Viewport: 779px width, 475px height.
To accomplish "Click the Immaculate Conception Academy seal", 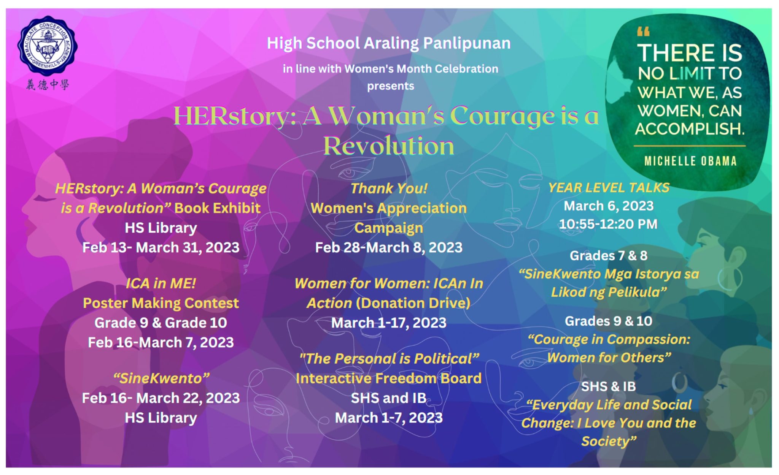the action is (x=48, y=45).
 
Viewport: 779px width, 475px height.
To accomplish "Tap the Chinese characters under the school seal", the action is (x=48, y=84).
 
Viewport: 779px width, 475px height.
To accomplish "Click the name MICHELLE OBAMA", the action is (x=690, y=161).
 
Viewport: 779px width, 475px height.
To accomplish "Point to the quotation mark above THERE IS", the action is (x=643, y=32).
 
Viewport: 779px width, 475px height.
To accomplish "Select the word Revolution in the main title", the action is (x=389, y=146).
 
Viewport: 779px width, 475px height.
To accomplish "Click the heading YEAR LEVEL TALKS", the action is (x=609, y=188).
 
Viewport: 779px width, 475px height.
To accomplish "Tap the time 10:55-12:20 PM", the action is (x=608, y=224).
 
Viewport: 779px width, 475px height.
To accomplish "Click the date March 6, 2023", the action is (x=609, y=206).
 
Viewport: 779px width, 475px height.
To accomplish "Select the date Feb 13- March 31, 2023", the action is (x=161, y=247).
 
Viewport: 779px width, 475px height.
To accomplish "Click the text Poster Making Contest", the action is (x=161, y=303).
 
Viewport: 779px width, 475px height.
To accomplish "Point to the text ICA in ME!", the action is (x=161, y=283).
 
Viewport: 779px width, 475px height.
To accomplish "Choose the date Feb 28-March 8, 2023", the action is (x=389, y=247).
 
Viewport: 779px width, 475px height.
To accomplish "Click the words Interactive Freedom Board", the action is (x=389, y=378).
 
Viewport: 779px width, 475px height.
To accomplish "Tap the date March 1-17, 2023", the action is (x=389, y=323).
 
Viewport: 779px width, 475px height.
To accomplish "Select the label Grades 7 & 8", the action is (x=609, y=255).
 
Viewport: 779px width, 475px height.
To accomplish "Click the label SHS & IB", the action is (x=609, y=386).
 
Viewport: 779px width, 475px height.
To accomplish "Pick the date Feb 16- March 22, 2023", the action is (x=161, y=398).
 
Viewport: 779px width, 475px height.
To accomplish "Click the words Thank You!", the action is (x=389, y=188).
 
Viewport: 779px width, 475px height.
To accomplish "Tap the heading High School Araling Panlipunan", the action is (x=389, y=43).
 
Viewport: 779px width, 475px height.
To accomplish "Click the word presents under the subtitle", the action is (x=391, y=86).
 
